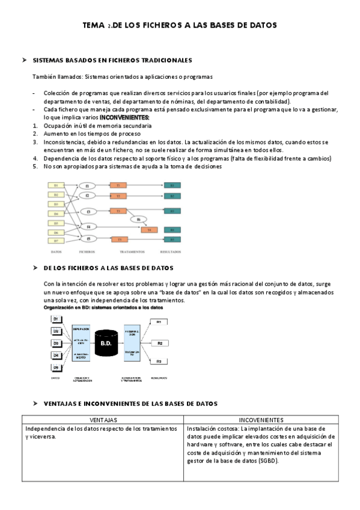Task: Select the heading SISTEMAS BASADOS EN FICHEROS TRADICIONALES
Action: pyautogui.click(x=112, y=61)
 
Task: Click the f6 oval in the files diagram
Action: pyautogui.click(x=138, y=220)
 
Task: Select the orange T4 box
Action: pyautogui.click(x=149, y=230)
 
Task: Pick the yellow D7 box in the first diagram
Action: pyautogui.click(x=56, y=241)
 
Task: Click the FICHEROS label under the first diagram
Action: pyautogui.click(x=87, y=251)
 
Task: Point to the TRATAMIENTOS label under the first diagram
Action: pyautogui.click(x=132, y=251)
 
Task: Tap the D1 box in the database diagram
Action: pyautogui.click(x=55, y=318)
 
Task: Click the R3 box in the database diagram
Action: pyautogui.click(x=159, y=361)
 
